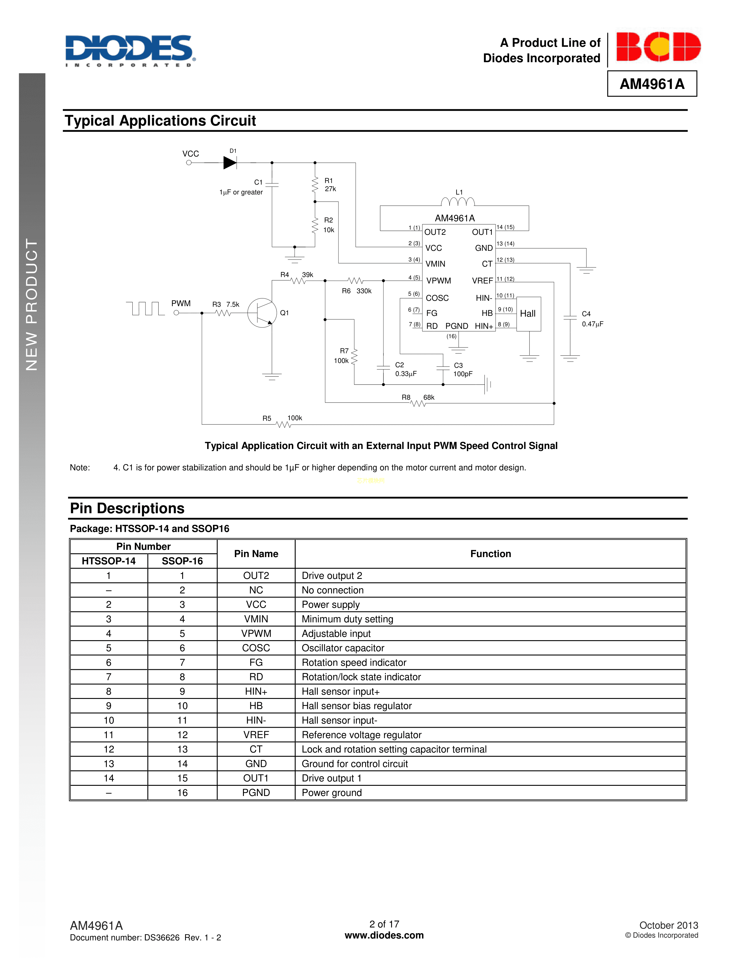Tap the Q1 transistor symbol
pyautogui.click(x=262, y=313)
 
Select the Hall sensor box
pyautogui.click(x=528, y=314)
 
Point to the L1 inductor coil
pyautogui.click(x=458, y=202)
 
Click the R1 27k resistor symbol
pyautogui.click(x=315, y=185)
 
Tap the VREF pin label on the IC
pyautogui.click(x=482, y=281)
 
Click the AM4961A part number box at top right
pyautogui.click(x=652, y=84)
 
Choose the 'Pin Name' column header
pyautogui.click(x=256, y=554)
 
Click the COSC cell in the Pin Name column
pyautogui.click(x=256, y=648)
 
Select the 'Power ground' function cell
pyautogui.click(x=332, y=792)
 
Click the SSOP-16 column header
pyautogui.click(x=182, y=561)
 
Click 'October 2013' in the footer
pyautogui.click(x=668, y=925)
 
